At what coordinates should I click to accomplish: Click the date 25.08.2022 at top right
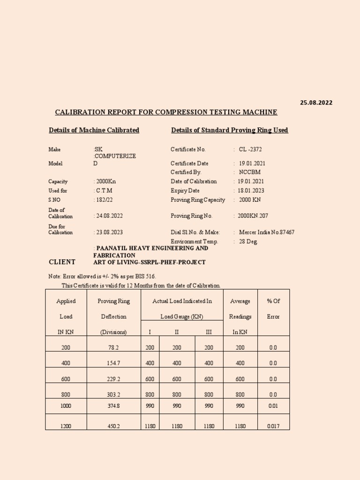(316, 103)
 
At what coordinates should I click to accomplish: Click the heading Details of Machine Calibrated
(94, 130)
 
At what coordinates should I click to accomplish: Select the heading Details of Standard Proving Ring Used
(229, 130)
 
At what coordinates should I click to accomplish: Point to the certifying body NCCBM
(249, 172)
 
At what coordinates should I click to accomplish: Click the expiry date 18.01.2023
(251, 191)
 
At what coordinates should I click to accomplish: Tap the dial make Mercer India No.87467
(266, 232)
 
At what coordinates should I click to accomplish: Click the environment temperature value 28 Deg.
(248, 241)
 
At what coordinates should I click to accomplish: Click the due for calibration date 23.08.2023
(109, 232)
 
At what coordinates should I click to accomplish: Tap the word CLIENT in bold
(62, 262)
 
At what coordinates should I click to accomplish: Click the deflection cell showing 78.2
(113, 347)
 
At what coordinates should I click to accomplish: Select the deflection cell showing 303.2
(113, 395)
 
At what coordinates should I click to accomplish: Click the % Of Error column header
(273, 308)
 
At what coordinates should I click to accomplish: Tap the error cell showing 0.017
(273, 426)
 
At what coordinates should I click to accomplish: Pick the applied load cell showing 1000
(66, 406)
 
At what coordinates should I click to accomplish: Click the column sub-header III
(209, 332)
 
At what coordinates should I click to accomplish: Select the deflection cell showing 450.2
(113, 426)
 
